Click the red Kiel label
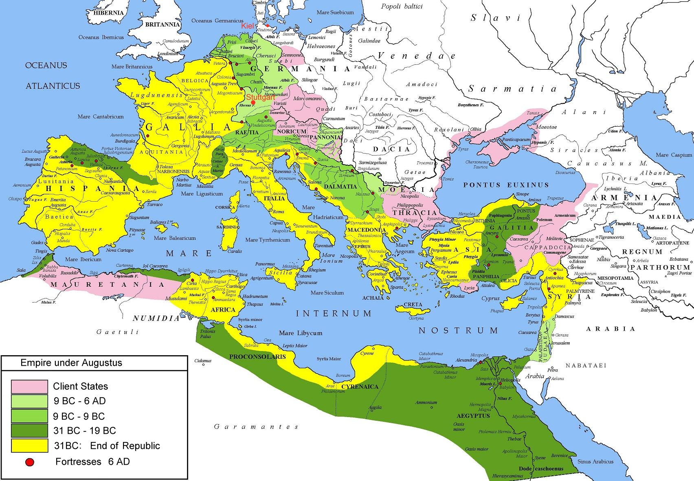click(247, 26)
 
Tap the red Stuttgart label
click(260, 97)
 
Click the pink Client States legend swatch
click(29, 386)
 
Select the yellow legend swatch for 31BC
click(29, 445)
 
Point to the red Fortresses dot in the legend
click(29, 462)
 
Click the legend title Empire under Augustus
click(71, 363)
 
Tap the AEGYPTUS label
click(473, 416)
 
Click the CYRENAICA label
click(360, 387)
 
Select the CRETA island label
click(413, 305)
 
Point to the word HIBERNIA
click(108, 13)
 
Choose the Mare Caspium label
click(674, 155)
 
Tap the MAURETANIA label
click(108, 284)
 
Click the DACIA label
click(391, 149)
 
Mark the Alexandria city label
click(466, 360)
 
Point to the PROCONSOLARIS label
click(257, 356)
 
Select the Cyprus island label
click(490, 298)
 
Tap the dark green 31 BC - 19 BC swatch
click(29, 430)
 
